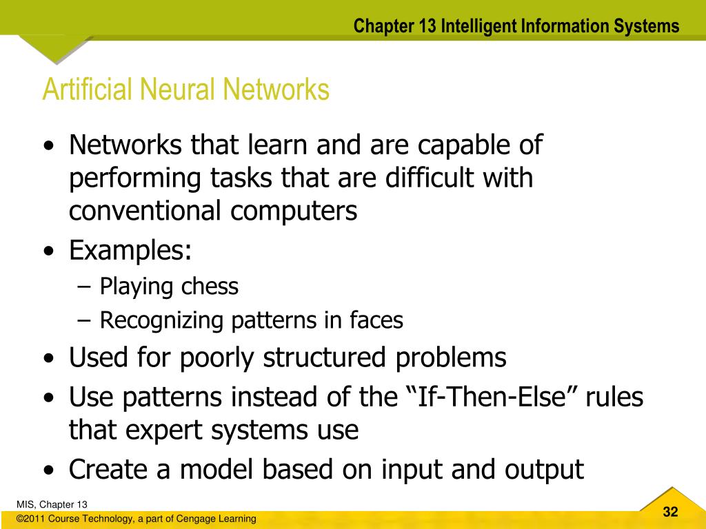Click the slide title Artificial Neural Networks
click(185, 90)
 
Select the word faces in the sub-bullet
click(376, 320)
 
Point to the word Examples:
click(130, 250)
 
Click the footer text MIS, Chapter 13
click(52, 504)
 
